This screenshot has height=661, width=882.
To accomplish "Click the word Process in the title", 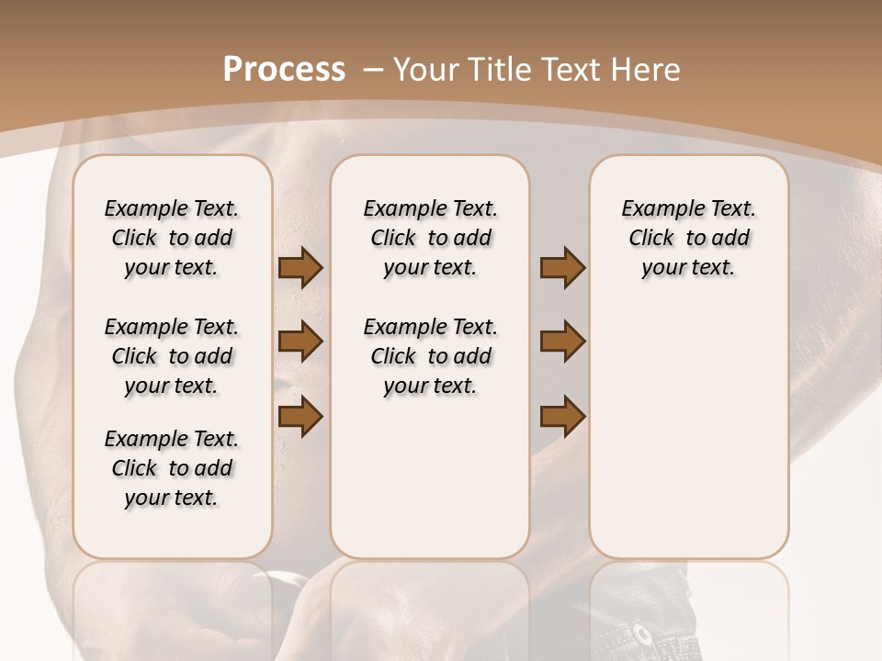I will [x=284, y=70].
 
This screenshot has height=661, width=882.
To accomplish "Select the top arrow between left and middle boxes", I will [x=300, y=268].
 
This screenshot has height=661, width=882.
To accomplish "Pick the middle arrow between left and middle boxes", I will [x=300, y=342].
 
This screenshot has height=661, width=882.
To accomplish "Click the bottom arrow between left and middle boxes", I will [x=300, y=416].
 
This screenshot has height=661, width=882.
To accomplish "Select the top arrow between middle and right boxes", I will [x=562, y=268].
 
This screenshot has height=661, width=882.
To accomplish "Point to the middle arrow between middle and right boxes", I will [x=562, y=342].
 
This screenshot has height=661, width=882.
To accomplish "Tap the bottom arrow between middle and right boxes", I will [x=562, y=416].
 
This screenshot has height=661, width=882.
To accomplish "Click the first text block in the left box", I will [x=172, y=238].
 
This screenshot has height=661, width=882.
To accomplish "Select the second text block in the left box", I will [x=172, y=356].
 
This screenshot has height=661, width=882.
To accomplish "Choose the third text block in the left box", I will [x=172, y=468].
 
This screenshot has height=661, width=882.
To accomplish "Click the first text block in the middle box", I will [x=430, y=238].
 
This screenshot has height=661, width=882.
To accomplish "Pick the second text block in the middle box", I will [x=430, y=356].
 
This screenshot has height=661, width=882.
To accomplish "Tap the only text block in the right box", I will [x=688, y=238].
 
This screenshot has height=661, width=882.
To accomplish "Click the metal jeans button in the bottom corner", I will [x=641, y=633].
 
